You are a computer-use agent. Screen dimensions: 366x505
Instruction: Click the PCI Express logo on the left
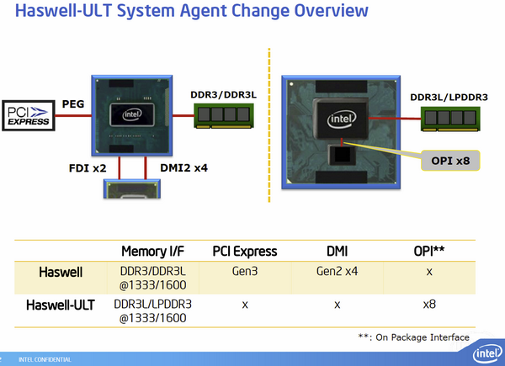[x=27, y=116]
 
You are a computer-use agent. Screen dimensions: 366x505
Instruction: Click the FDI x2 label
[x=86, y=167]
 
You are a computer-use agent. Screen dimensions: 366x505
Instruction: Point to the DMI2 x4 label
[x=183, y=167]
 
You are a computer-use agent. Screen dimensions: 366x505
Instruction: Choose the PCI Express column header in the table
[x=244, y=251]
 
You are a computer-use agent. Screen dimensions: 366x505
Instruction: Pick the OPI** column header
[x=429, y=251]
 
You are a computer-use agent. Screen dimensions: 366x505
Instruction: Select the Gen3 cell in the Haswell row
[x=244, y=273]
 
